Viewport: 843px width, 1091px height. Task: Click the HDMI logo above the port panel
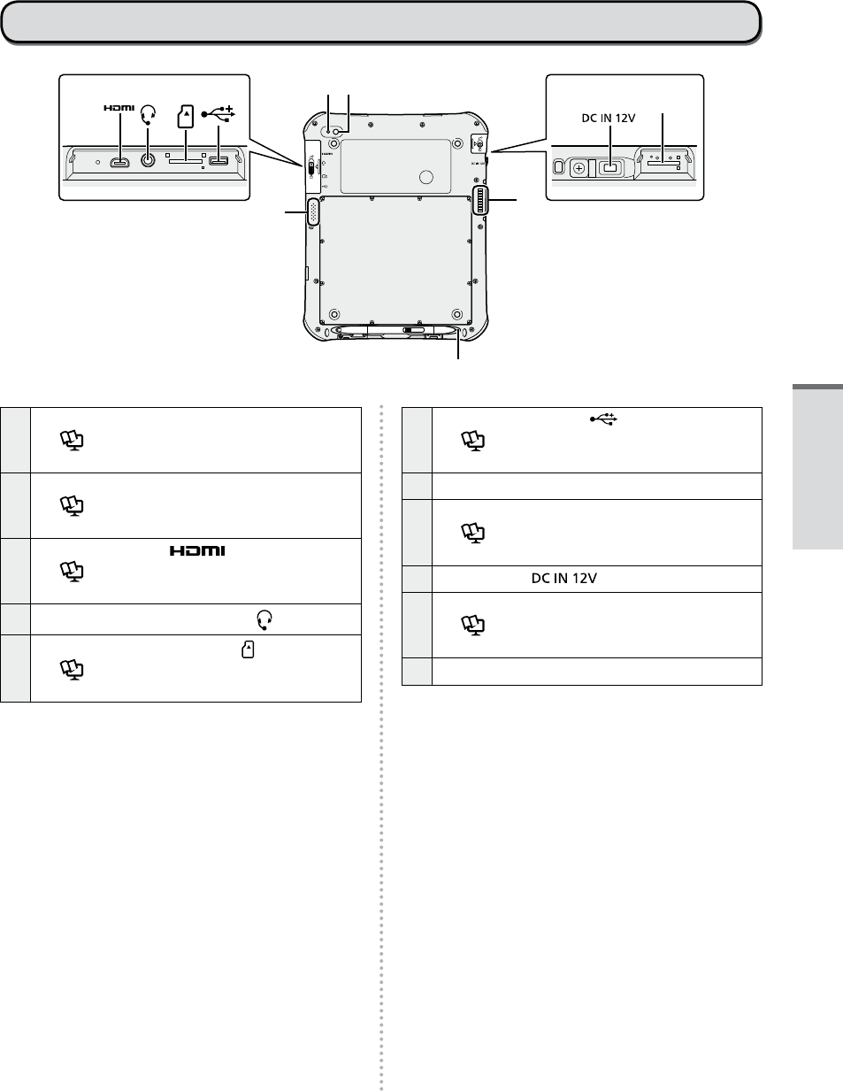point(119,108)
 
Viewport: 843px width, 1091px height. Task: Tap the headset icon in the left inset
point(148,115)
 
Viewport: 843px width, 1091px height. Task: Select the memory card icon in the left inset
point(186,117)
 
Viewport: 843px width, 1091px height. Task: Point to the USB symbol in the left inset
point(218,114)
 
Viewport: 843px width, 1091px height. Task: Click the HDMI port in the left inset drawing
point(120,162)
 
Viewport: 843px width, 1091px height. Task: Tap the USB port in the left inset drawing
point(218,161)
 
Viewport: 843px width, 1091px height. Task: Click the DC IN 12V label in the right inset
point(609,118)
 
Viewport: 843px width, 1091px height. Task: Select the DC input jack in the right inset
point(609,168)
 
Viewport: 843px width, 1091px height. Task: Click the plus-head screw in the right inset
point(579,169)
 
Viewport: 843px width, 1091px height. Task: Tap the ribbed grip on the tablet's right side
point(480,200)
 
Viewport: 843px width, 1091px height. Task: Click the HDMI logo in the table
point(197,550)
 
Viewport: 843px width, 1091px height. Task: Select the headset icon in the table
point(264,620)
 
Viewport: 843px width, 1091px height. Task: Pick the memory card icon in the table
point(248,649)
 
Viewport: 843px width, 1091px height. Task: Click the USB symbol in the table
point(603,419)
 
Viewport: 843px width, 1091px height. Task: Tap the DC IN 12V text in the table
point(564,579)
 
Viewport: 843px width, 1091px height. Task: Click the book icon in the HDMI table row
point(72,572)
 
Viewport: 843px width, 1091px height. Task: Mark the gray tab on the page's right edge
point(818,466)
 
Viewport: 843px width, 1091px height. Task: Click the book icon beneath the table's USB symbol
point(472,441)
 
